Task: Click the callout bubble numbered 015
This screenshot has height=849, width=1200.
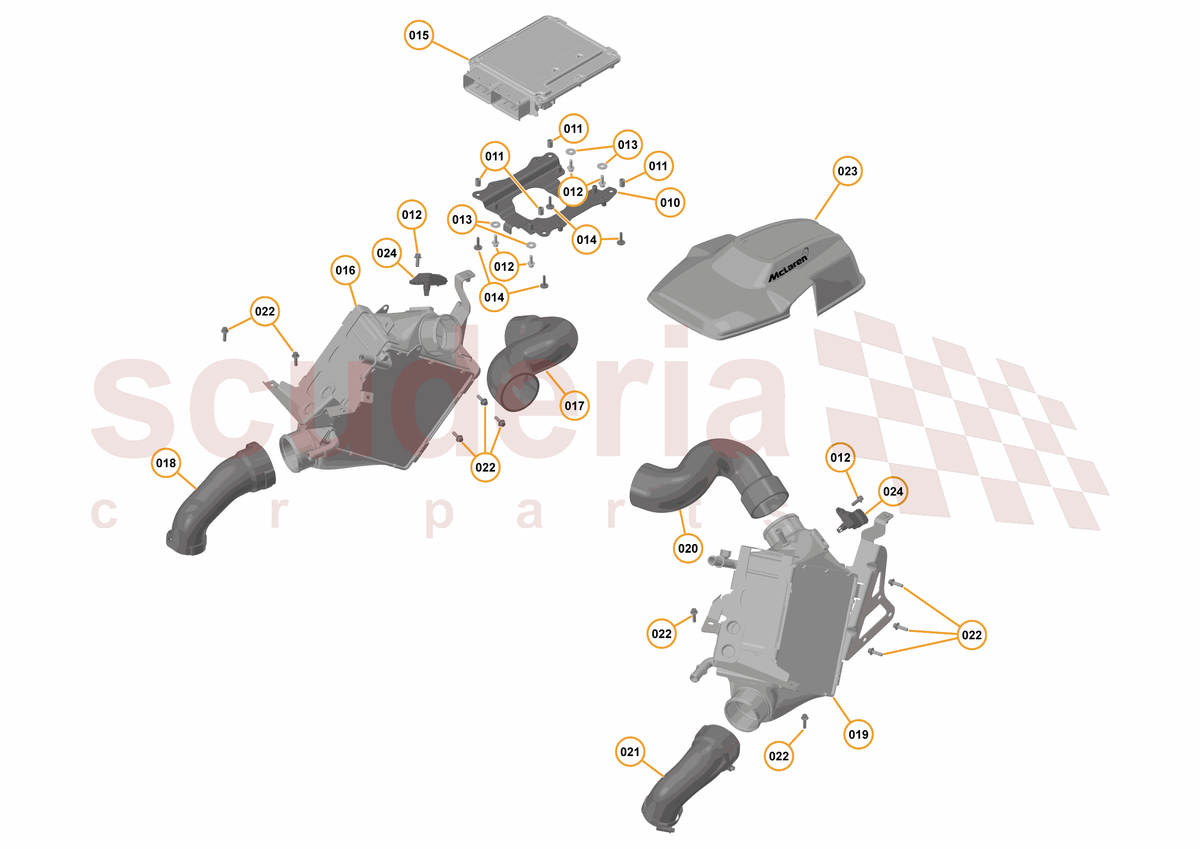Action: click(419, 35)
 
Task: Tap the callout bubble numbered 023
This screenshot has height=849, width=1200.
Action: click(847, 171)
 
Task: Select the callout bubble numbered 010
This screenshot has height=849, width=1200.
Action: click(670, 202)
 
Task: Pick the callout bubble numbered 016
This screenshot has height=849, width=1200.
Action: click(346, 270)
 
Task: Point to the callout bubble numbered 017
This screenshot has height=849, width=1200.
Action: click(575, 406)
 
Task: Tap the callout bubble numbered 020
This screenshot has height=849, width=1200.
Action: click(688, 548)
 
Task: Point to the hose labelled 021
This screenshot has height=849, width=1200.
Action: click(690, 779)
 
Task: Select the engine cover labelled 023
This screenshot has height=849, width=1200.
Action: click(753, 282)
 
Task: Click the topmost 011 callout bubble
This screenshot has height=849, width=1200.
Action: click(573, 129)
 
